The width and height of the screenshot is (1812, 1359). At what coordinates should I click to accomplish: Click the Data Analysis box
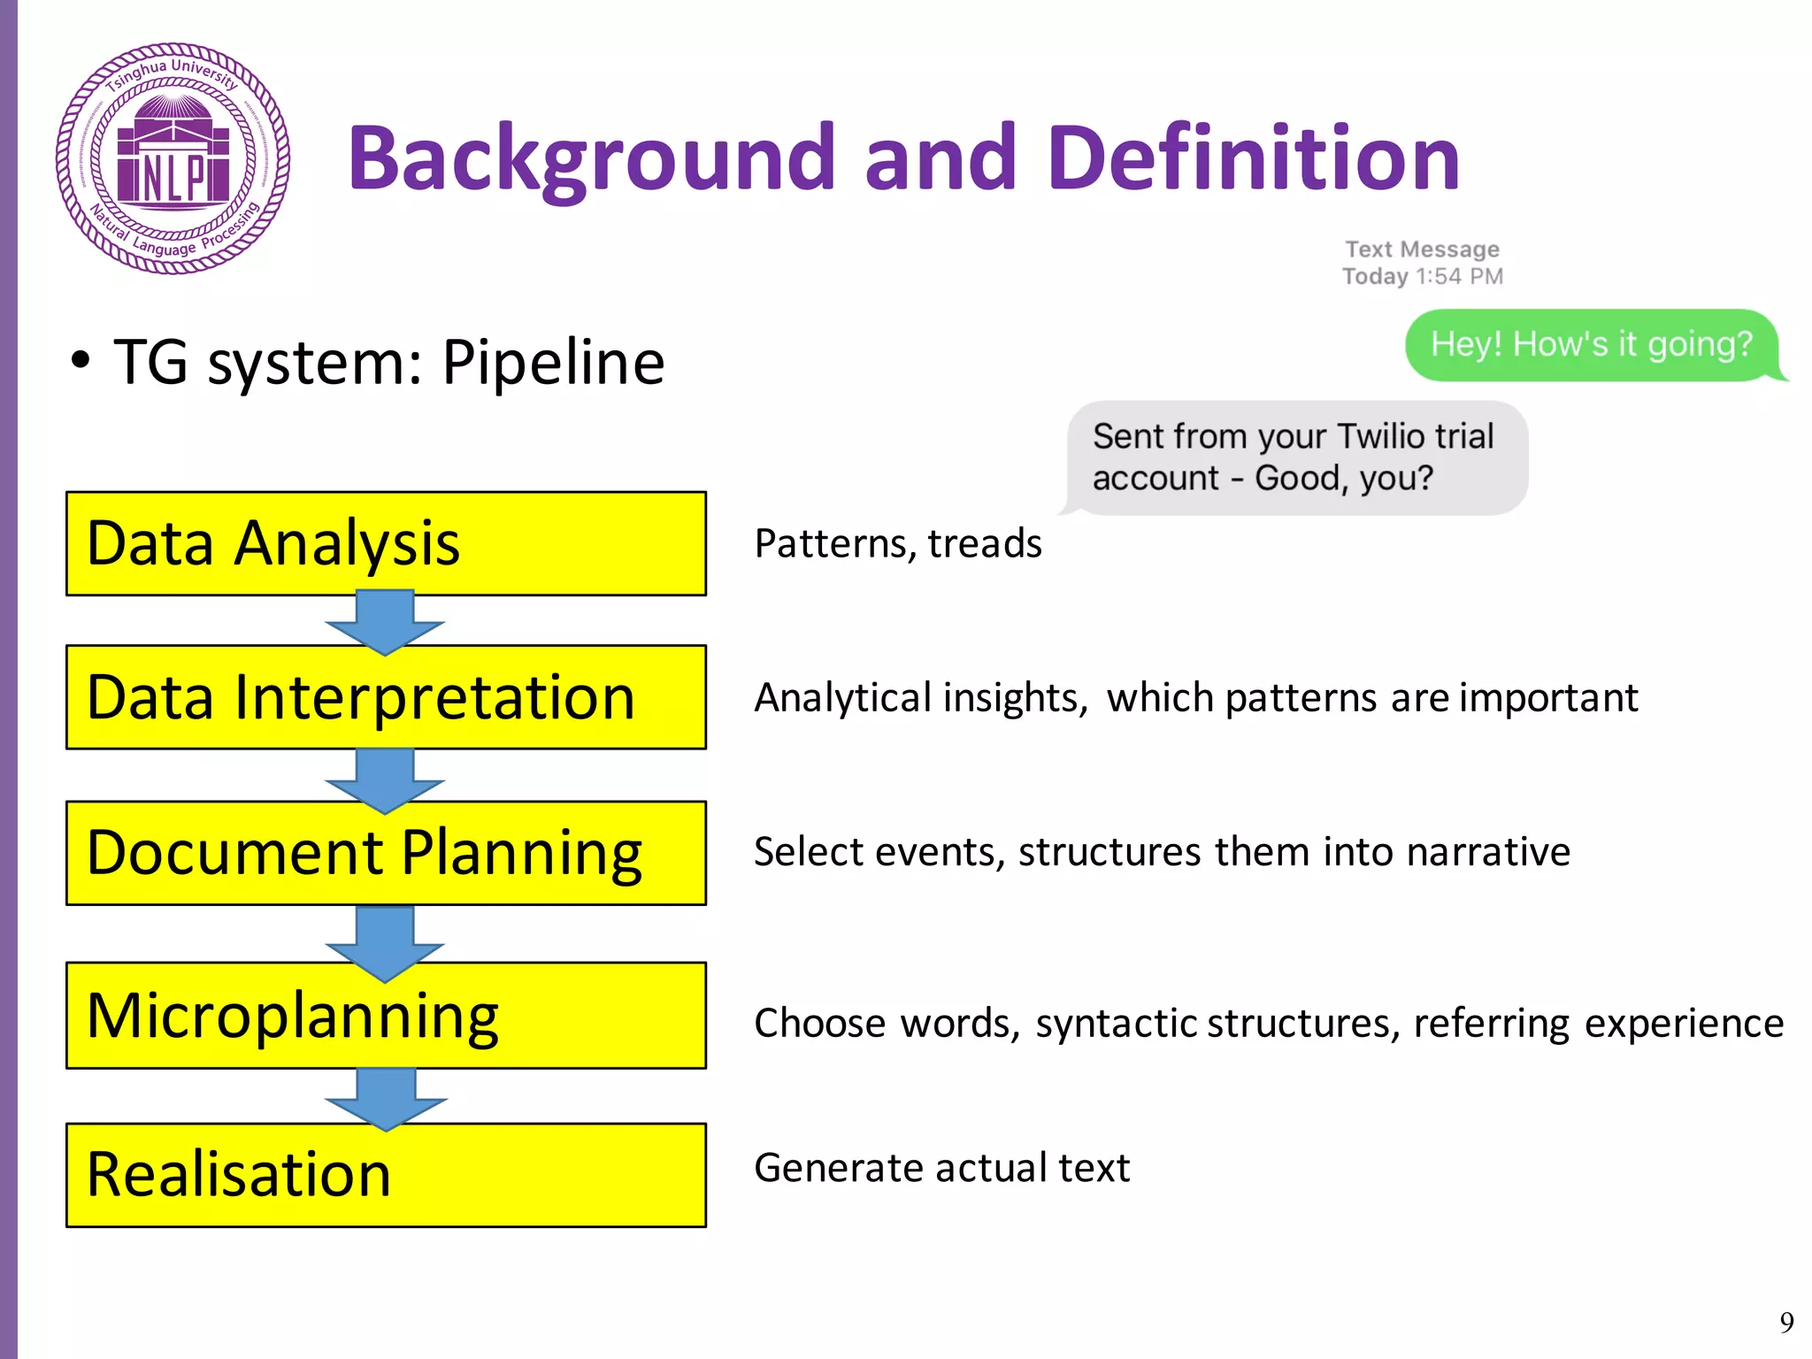(x=386, y=543)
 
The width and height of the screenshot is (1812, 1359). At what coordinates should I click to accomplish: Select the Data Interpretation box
(x=386, y=697)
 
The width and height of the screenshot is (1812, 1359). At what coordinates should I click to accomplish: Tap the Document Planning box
(x=386, y=853)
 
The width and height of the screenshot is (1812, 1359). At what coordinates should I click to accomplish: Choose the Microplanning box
(x=386, y=1016)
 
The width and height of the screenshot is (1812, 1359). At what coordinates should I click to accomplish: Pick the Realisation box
(x=386, y=1175)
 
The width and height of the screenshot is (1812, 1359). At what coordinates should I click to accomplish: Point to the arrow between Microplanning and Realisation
(x=385, y=1098)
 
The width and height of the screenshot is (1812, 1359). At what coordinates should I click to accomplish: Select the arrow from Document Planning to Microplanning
(x=385, y=942)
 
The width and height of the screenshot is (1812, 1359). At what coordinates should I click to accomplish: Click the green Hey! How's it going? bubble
(x=1591, y=344)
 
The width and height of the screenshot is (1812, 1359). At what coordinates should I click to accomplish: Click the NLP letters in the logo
(x=173, y=177)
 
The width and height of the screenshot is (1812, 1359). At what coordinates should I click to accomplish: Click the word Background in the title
(x=591, y=158)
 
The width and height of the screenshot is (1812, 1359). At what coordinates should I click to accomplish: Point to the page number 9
(x=1786, y=1322)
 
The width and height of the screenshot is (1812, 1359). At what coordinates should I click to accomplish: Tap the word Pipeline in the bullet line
(x=553, y=363)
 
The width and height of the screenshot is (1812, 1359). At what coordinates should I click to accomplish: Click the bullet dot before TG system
(x=81, y=361)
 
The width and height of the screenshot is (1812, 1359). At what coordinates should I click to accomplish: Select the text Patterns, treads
(x=897, y=543)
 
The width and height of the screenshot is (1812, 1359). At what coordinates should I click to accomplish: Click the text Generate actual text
(x=941, y=1168)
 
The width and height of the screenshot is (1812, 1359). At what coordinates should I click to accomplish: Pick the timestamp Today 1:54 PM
(x=1422, y=276)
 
